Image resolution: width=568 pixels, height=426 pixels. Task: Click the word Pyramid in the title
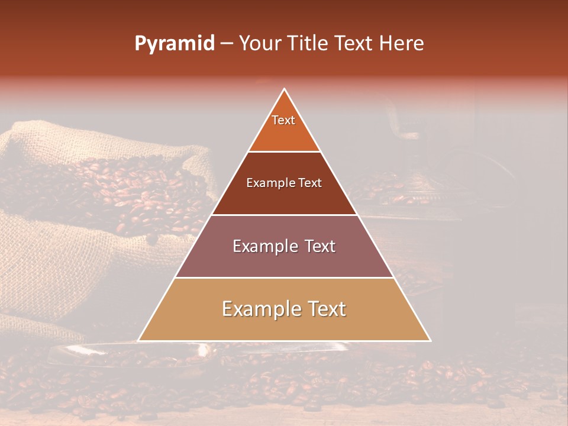[174, 44]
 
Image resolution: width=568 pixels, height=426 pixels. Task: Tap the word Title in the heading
[311, 44]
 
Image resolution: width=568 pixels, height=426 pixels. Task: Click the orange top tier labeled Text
[284, 127]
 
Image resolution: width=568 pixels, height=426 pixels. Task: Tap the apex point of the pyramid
[284, 89]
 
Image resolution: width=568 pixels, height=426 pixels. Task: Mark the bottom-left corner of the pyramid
[138, 340]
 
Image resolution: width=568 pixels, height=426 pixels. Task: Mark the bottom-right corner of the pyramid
[430, 340]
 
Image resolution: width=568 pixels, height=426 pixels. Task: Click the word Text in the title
[356, 44]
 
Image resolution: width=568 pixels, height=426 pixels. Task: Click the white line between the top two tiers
[284, 151]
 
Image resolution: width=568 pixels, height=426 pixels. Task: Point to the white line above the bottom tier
[284, 277]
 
